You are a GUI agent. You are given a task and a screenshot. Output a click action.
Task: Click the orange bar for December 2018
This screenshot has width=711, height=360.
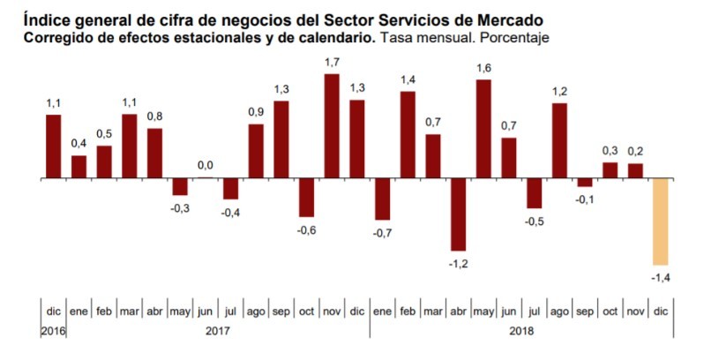[661, 221]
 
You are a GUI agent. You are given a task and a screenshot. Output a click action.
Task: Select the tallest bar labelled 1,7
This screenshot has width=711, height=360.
[332, 126]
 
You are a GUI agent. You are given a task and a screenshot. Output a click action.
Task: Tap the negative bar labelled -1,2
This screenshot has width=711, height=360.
[458, 214]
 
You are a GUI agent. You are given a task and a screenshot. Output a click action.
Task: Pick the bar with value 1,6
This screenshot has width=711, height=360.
[483, 129]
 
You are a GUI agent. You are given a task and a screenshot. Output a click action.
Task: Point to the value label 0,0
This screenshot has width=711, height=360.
[205, 165]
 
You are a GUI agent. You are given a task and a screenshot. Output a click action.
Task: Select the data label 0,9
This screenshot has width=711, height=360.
[256, 111]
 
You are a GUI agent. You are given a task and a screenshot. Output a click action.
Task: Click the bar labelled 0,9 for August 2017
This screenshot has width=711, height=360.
[256, 151]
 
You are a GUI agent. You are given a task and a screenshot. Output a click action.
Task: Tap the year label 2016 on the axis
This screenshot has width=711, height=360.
[53, 331]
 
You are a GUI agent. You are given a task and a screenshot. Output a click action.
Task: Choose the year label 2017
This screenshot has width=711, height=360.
[217, 331]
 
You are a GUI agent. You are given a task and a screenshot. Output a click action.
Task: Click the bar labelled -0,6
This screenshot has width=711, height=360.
[306, 198]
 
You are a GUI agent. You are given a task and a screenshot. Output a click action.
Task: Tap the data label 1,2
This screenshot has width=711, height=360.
[558, 91]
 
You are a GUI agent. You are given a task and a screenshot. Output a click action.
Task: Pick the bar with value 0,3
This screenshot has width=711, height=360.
[610, 170]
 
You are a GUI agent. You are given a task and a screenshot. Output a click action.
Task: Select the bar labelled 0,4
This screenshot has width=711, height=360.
[79, 167]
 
